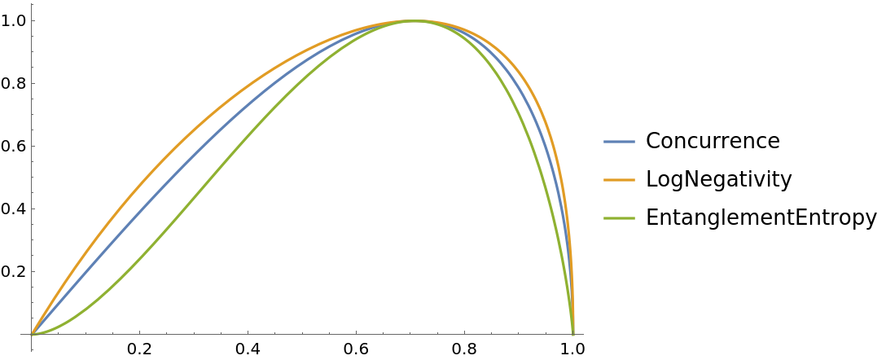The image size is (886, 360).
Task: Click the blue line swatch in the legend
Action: pyautogui.click(x=619, y=142)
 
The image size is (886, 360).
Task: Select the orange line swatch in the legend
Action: pyautogui.click(x=619, y=180)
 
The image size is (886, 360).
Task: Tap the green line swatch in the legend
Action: pyautogui.click(x=619, y=218)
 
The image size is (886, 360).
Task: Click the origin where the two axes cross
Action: pyautogui.click(x=32, y=334)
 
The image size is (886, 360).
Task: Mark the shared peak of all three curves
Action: pyautogui.click(x=414, y=21)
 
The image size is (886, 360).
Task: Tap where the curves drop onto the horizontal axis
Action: pyautogui.click(x=573, y=334)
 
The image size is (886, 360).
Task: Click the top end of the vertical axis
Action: pyautogui.click(x=32, y=4)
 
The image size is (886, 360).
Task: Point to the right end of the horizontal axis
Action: pyautogui.click(x=583, y=334)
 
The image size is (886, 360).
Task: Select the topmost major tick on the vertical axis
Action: pyautogui.click(x=32, y=20)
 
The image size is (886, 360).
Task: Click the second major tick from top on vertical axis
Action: pyautogui.click(x=32, y=83)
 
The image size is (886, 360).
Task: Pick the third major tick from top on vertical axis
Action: pyautogui.click(x=32, y=146)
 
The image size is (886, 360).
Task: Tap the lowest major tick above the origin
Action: pyautogui.click(x=32, y=271)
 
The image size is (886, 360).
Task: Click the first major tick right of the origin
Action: pyautogui.click(x=140, y=334)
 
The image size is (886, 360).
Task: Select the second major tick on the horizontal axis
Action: pyautogui.click(x=248, y=334)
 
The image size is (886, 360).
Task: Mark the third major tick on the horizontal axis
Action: pyautogui.click(x=357, y=334)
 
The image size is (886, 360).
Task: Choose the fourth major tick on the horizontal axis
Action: pyautogui.click(x=465, y=334)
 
